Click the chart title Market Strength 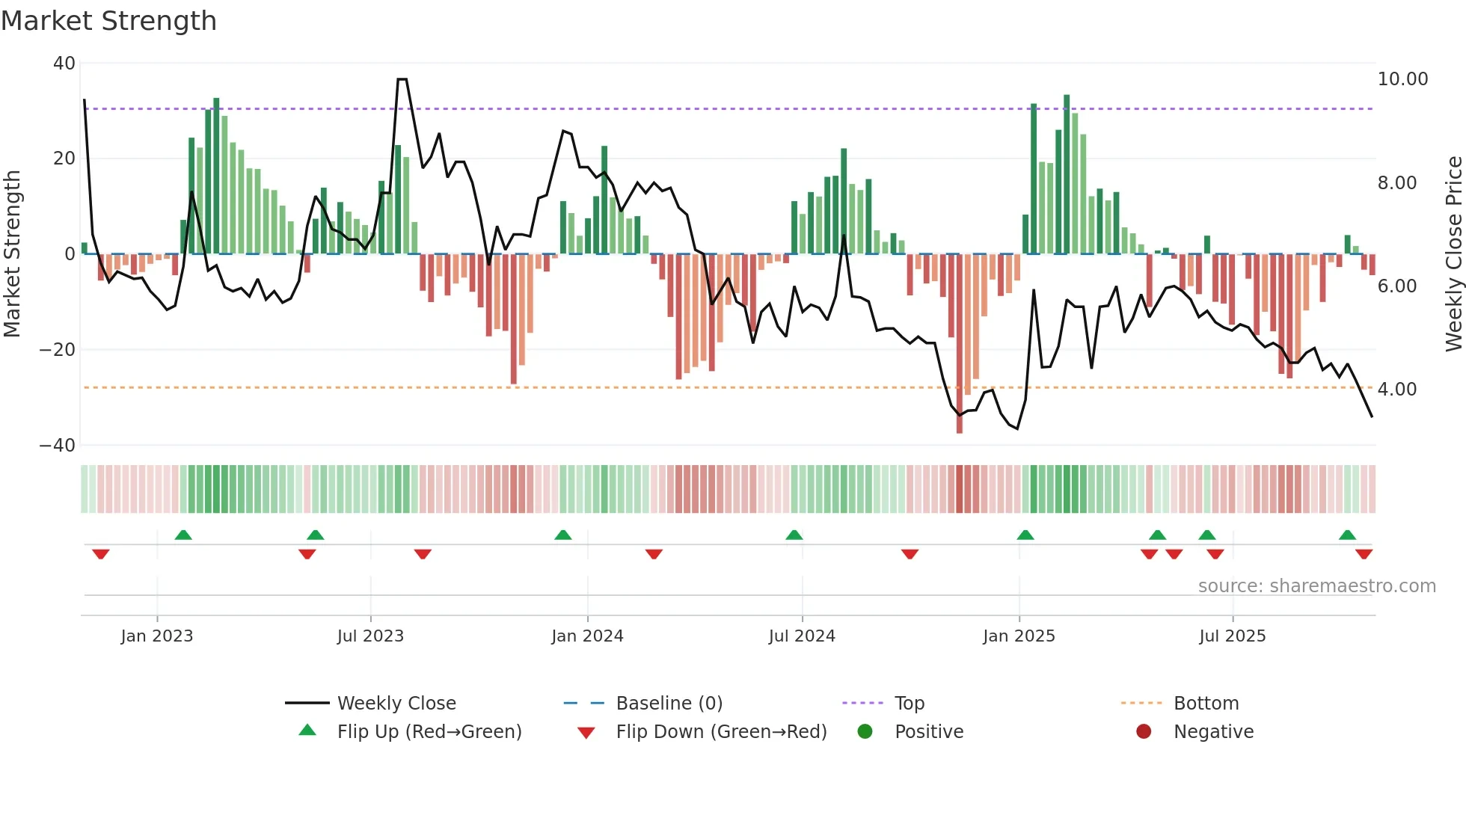(x=108, y=21)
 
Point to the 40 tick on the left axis (x=64, y=64)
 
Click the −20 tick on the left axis (x=58, y=350)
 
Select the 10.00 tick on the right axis (x=1402, y=79)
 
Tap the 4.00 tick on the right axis (x=1396, y=390)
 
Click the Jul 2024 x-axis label (x=802, y=636)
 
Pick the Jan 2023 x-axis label (x=157, y=636)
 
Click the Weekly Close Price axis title (x=1453, y=254)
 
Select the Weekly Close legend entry (x=396, y=704)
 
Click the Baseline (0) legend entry (x=669, y=704)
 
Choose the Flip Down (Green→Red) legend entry (x=721, y=732)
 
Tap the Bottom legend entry (x=1206, y=704)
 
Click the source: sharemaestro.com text (x=1316, y=586)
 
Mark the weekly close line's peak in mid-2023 (x=402, y=79)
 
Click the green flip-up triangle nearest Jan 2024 (x=563, y=535)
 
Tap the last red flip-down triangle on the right (x=1364, y=554)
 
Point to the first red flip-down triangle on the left (x=101, y=554)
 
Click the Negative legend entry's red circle (x=1144, y=732)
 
